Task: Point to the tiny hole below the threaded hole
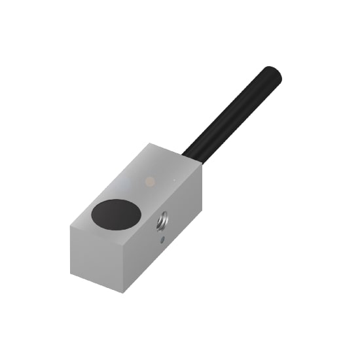point(162,240)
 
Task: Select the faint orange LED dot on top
point(151,179)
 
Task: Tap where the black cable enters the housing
point(191,156)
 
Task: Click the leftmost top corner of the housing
point(69,226)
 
